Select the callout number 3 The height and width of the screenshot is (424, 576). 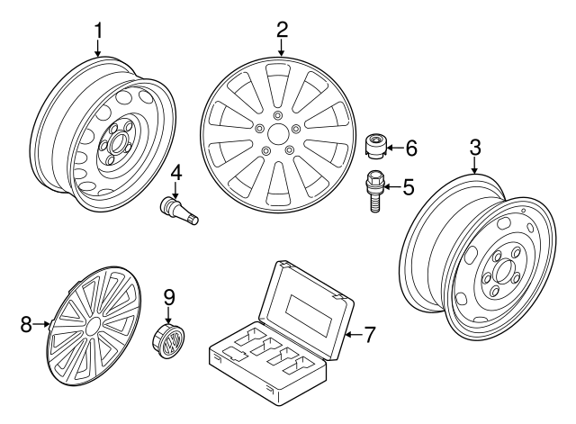coord(475,148)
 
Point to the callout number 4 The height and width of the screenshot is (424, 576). coord(176,171)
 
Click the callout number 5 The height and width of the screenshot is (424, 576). coord(408,187)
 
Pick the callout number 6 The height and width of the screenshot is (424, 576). coord(411,147)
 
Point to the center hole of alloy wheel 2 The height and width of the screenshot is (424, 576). coord(279,132)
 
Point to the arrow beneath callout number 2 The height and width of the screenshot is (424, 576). coord(282,49)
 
